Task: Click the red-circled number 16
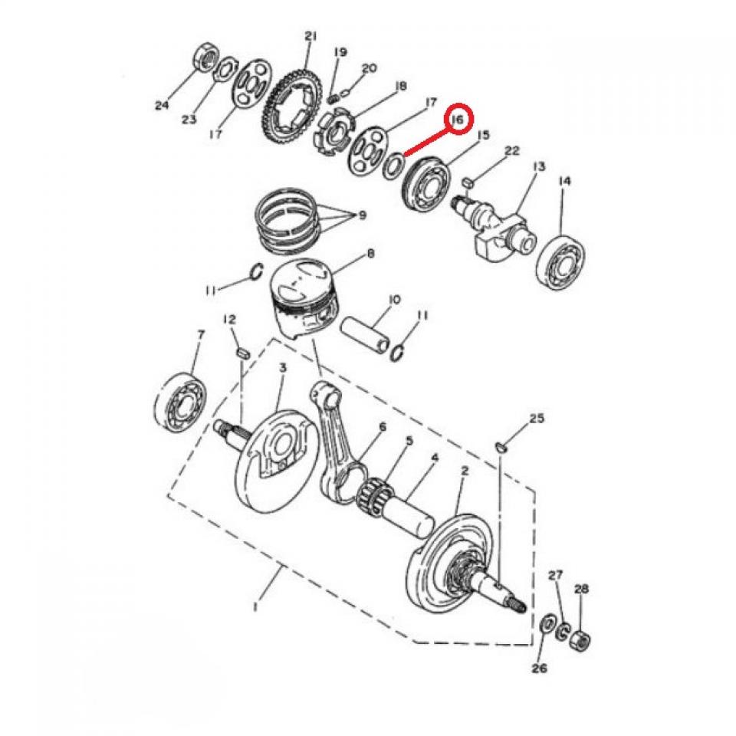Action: point(458,120)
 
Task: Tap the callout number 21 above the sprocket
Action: point(310,36)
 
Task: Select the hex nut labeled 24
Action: point(205,57)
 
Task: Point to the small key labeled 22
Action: point(468,182)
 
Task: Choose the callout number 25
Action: point(536,419)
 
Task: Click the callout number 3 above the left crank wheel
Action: point(282,369)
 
